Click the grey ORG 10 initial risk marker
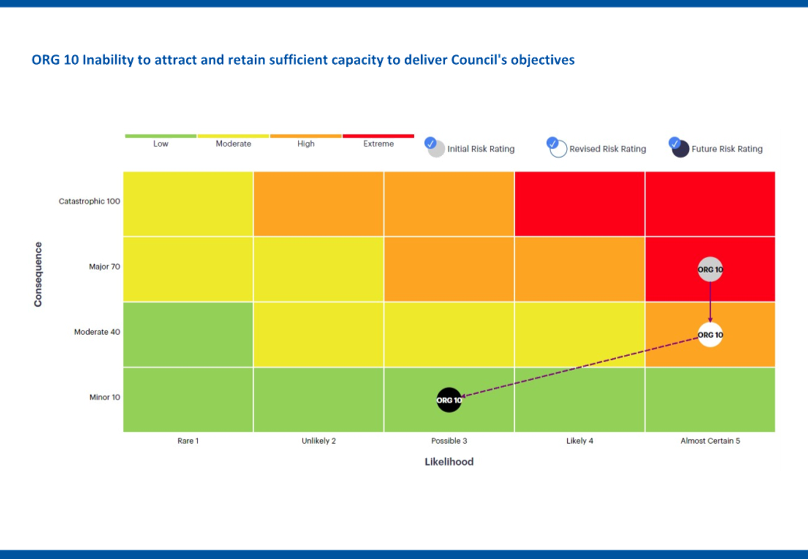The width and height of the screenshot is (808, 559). point(710,269)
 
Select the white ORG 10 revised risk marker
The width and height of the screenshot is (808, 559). point(710,335)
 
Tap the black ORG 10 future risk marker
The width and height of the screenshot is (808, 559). point(449,400)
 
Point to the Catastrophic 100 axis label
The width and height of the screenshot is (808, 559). point(89,201)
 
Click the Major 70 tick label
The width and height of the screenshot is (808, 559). point(104,266)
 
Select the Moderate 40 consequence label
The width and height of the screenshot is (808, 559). point(97,332)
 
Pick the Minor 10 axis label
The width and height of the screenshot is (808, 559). point(105,397)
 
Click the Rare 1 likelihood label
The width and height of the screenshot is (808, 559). point(188,441)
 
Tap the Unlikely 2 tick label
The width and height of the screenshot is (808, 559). point(319,441)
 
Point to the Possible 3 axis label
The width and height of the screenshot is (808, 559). point(449,441)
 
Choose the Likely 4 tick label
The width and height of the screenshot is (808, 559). point(580,441)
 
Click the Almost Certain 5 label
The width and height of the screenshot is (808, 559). point(710,441)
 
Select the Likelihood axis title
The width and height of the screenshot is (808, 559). point(449,461)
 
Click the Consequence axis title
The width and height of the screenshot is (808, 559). point(38,274)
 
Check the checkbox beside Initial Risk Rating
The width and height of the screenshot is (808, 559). point(431,143)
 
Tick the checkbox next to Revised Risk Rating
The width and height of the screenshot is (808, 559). point(552,143)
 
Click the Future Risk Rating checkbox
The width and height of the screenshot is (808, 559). point(674,143)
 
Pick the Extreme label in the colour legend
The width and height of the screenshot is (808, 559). point(378,144)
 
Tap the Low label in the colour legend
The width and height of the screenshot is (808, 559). point(161,144)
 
